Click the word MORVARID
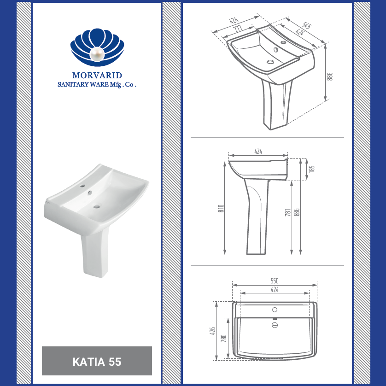[x=97, y=75]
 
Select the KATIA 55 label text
[x=97, y=362]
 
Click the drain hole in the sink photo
[x=97, y=206]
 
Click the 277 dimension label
[x=238, y=28]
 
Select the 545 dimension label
[x=307, y=25]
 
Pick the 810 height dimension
[x=221, y=208]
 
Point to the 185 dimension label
[x=312, y=169]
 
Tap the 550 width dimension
[x=275, y=281]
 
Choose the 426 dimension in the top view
[x=213, y=331]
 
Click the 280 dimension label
[x=223, y=339]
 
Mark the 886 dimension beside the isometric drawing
[x=330, y=76]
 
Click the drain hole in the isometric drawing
[x=270, y=61]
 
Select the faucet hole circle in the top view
[x=275, y=310]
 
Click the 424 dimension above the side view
[x=258, y=152]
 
